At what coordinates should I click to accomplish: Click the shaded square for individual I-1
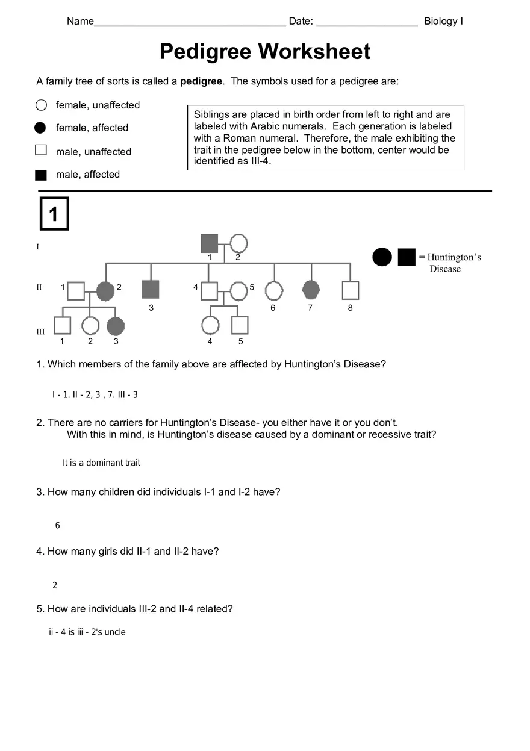coord(209,243)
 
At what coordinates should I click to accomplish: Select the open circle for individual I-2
coord(238,243)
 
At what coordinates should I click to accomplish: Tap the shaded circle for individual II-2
coord(105,291)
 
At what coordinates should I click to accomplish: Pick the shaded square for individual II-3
coord(151,290)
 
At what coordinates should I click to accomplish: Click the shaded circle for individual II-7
coord(310,290)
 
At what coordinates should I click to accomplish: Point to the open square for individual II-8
coord(350,291)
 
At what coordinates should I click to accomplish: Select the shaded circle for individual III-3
coord(116,326)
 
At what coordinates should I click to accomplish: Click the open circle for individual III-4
coord(210,325)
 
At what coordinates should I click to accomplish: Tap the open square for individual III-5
coord(240,325)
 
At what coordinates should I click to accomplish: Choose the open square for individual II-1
coord(75,291)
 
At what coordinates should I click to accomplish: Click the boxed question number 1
coord(54,214)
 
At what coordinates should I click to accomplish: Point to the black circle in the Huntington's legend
coord(382,257)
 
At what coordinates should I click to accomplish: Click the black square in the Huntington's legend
coord(407,257)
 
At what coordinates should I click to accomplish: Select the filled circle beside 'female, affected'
coord(40,128)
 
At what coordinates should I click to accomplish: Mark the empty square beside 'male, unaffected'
coord(41,151)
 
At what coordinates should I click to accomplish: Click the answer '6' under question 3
coord(58,526)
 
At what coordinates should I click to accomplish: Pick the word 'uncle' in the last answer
coord(115,632)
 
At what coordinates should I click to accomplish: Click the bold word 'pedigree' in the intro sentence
coord(201,81)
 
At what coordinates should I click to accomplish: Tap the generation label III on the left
coord(40,332)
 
